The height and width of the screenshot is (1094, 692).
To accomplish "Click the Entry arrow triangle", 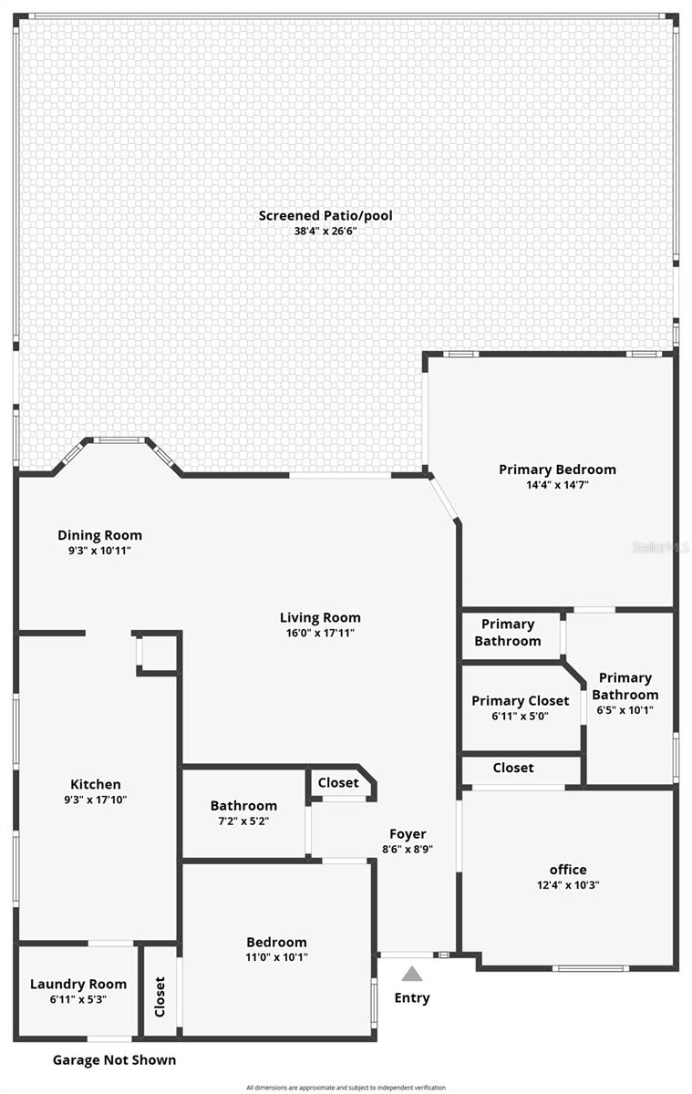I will (412, 974).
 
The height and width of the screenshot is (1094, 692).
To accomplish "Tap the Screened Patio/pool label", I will (325, 216).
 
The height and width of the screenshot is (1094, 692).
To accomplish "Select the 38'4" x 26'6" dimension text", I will (325, 232).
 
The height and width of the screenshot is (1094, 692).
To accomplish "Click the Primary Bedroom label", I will (557, 470).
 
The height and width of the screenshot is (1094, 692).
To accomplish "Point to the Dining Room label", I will (99, 535).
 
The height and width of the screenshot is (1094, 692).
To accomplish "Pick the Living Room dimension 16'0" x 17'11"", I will (320, 633).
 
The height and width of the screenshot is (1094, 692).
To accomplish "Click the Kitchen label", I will (96, 784).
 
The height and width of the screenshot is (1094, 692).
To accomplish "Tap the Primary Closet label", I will (520, 701).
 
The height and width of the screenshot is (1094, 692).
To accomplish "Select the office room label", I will (568, 870).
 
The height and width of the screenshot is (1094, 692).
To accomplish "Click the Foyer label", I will (408, 834).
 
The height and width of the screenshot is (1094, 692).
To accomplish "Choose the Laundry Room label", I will (78, 985).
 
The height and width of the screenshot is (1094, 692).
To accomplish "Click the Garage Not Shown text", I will (114, 1060).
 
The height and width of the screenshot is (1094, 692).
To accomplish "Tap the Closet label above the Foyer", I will (338, 782).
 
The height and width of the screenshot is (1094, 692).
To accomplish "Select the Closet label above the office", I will (513, 768).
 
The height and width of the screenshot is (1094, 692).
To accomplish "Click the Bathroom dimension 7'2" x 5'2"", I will (243, 820).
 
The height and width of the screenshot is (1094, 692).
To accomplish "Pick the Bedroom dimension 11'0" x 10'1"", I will (276, 957).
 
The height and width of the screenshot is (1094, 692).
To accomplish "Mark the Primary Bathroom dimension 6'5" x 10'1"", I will (625, 710).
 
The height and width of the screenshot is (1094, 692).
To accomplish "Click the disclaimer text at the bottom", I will (346, 1088).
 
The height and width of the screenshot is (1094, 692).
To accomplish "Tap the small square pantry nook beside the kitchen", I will (157, 653).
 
